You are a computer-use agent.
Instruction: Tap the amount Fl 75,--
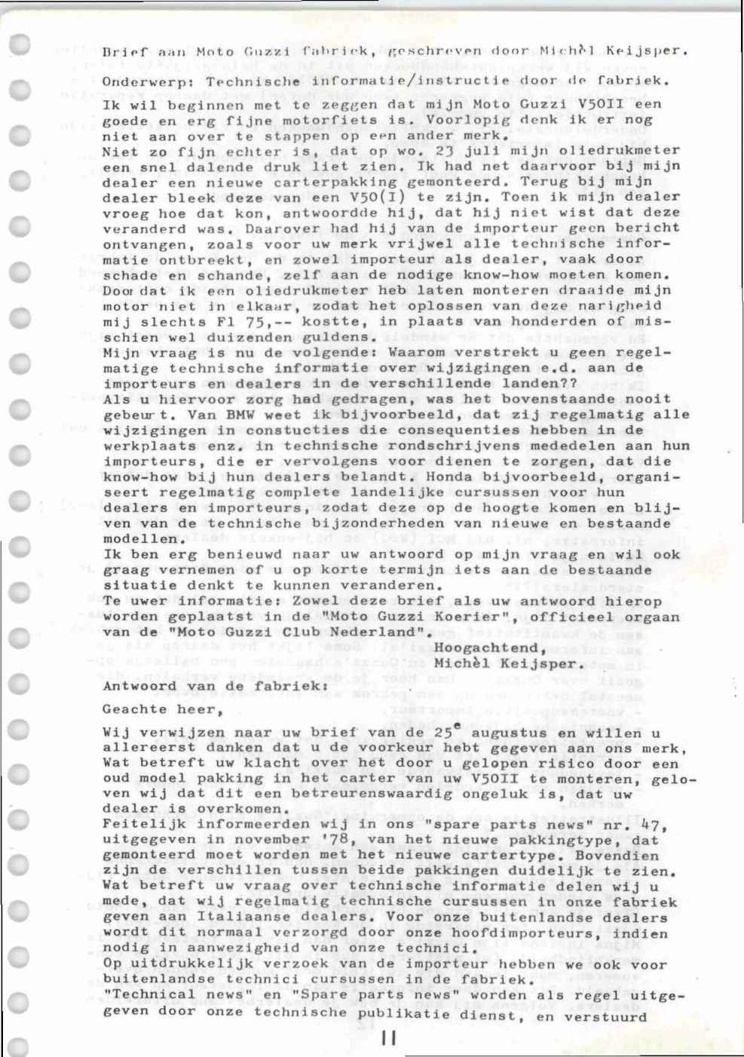point(222,321)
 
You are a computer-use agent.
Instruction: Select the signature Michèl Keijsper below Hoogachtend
point(510,664)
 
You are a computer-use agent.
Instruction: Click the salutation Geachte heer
point(162,709)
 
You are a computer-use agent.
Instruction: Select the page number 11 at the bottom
point(388,1038)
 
